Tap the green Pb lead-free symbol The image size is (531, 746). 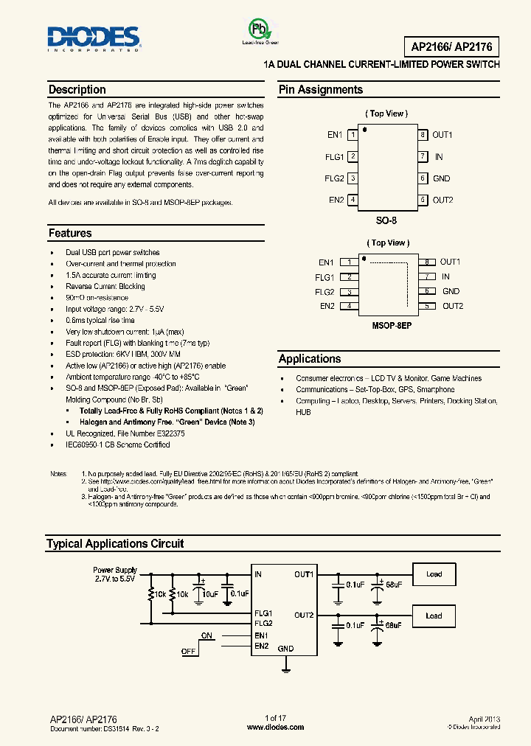(x=259, y=30)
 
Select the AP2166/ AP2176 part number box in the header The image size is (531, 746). (x=451, y=47)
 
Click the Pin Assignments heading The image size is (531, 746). (x=321, y=90)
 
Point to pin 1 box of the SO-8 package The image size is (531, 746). (x=353, y=135)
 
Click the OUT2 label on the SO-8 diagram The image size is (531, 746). (x=442, y=200)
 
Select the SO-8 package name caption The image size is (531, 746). (x=387, y=220)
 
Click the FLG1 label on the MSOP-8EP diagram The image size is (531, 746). (x=324, y=278)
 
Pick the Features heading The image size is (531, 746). (x=70, y=234)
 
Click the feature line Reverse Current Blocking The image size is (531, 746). (x=105, y=287)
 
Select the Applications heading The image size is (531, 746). (x=310, y=359)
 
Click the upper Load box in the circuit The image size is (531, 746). (x=434, y=574)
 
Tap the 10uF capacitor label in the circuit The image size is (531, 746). (x=210, y=593)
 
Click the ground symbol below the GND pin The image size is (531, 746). (x=285, y=668)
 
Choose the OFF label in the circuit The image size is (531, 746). (x=189, y=652)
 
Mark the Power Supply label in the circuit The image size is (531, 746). (x=115, y=570)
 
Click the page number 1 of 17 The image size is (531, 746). (x=275, y=718)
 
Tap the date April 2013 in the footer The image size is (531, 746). (x=484, y=718)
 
